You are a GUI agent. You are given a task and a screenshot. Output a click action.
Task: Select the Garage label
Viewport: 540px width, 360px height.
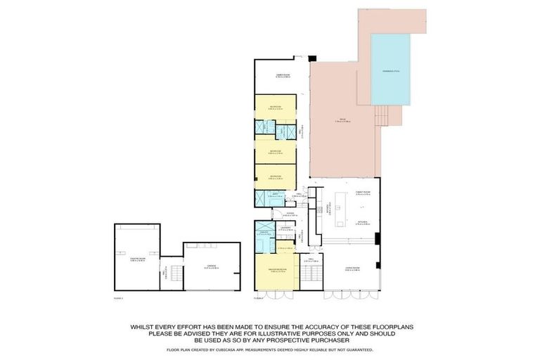click(211, 266)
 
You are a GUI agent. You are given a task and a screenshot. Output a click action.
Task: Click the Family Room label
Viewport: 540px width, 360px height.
click(363, 193)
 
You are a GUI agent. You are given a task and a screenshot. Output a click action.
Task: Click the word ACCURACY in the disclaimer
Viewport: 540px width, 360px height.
click(307, 327)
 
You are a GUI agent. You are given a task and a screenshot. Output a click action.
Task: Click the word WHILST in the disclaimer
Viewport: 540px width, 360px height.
click(145, 327)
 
